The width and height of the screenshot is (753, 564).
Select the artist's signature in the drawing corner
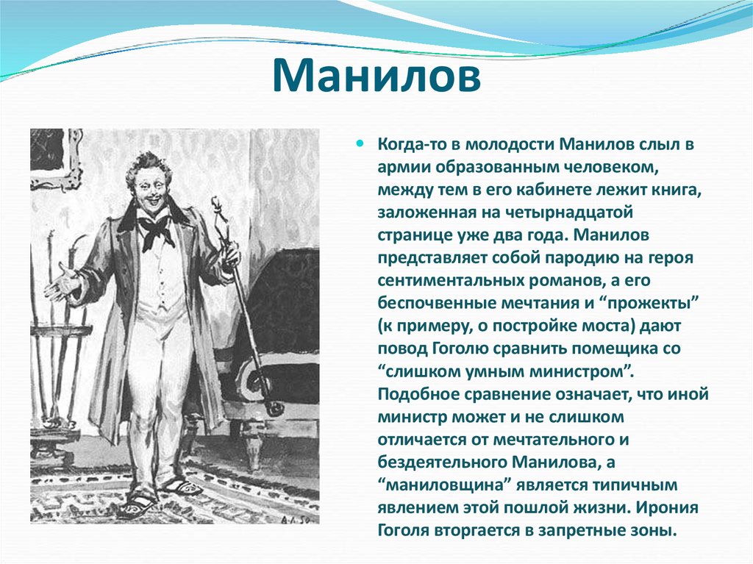pos(297,518)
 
